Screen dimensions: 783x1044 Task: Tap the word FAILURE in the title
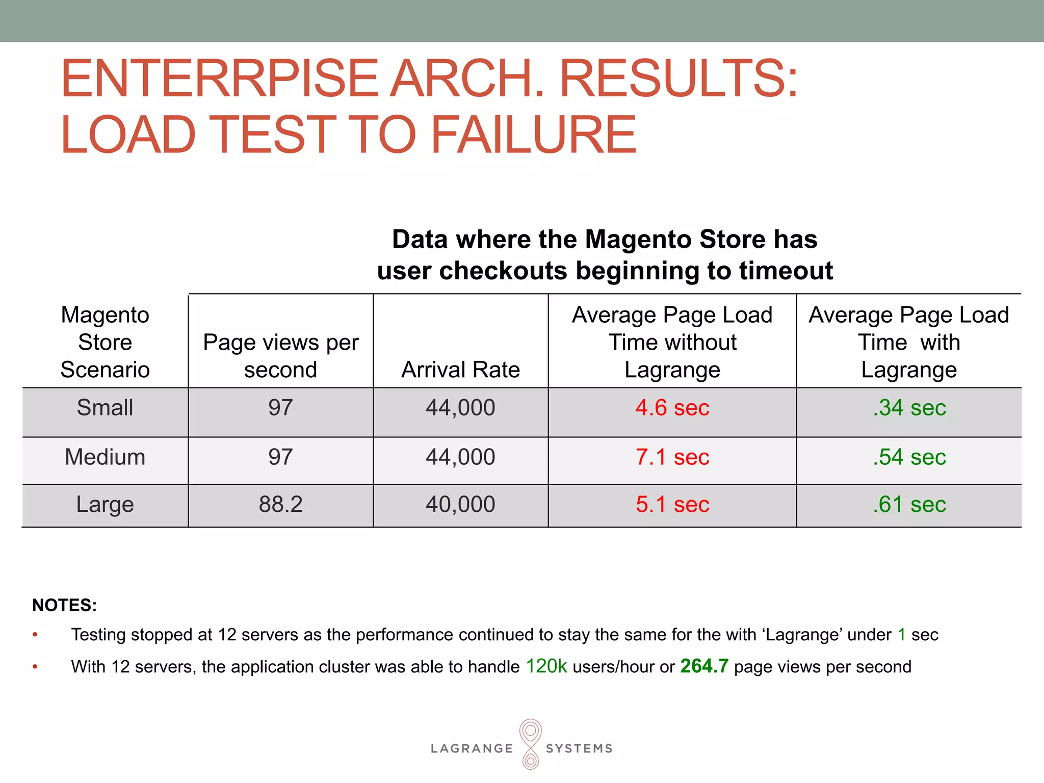534,134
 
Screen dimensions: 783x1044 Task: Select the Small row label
105,408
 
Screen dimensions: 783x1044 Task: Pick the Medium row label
105,457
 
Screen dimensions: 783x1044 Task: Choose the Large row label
105,505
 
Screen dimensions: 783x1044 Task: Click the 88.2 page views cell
280,505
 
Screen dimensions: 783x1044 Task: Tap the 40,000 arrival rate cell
460,505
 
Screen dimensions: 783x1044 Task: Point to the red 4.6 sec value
672,408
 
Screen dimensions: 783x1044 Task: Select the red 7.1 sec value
672,457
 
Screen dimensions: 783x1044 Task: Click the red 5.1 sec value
672,505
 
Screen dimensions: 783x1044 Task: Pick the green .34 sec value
909,408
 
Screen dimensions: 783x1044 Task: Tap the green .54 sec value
909,457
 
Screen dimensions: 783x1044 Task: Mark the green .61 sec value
909,505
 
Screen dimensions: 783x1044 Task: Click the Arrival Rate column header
460,370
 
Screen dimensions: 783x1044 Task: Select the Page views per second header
280,356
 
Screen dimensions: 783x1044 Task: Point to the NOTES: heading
65,605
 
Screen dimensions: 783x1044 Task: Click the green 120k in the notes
546,666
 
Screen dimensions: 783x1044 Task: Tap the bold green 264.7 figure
704,666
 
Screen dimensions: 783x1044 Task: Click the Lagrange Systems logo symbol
530,744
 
